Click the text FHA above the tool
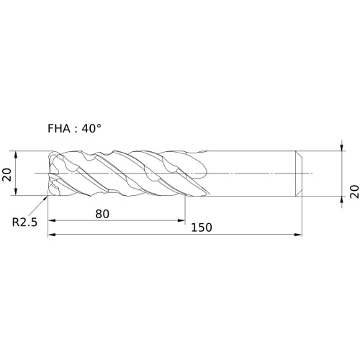(x=59, y=129)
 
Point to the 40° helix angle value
(x=91, y=128)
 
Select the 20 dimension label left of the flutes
(x=6, y=174)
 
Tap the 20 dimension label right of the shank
(x=354, y=192)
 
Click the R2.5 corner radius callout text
(x=24, y=222)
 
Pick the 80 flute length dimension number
(x=102, y=214)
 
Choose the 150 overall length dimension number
(x=202, y=228)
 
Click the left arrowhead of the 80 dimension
(x=52, y=220)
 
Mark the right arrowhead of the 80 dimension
(x=181, y=220)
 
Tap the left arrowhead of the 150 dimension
(x=52, y=235)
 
